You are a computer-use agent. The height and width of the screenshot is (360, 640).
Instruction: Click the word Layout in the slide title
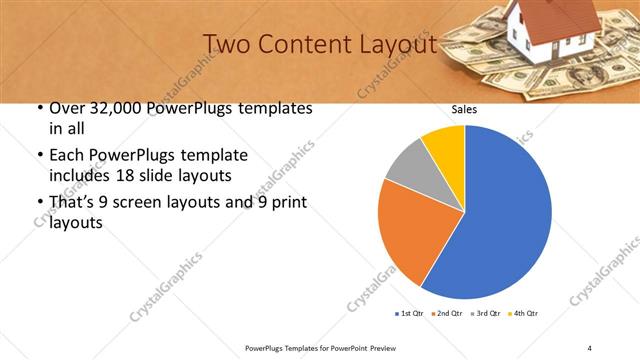click(398, 45)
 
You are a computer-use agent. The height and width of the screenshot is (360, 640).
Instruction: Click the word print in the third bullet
click(290, 203)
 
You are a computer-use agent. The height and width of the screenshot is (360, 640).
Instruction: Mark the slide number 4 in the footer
click(589, 347)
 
